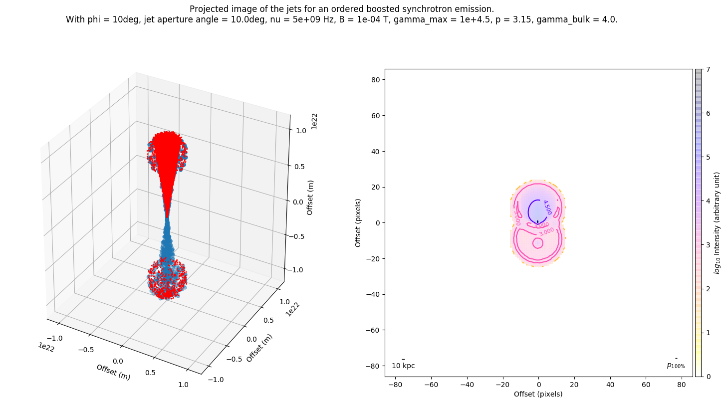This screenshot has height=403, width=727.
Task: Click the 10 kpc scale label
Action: click(403, 366)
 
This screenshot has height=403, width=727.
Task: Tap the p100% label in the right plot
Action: click(676, 366)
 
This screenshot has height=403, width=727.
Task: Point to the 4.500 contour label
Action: click(547, 207)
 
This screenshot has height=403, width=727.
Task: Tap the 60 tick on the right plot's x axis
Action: click(646, 385)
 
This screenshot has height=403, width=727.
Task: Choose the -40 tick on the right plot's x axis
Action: click(467, 385)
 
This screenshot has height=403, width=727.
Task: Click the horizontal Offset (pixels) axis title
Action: click(538, 394)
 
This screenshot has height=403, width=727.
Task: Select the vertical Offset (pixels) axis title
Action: click(358, 222)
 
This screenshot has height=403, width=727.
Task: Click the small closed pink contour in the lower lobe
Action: click(537, 243)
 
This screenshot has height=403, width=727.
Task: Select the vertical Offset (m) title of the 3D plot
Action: click(310, 197)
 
